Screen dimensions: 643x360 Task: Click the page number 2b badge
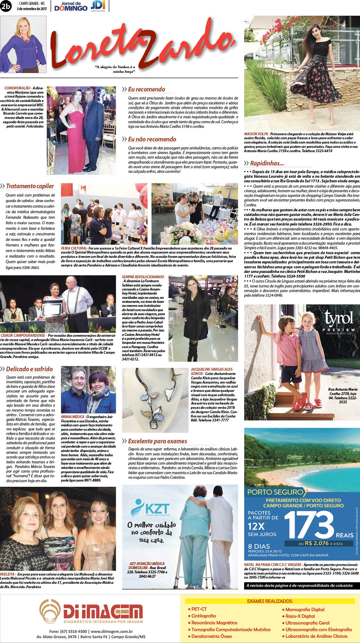pos(6,6)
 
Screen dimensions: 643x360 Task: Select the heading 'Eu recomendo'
pos(147,89)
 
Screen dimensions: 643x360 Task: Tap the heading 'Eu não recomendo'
pos(152,139)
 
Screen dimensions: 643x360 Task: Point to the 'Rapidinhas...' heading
pos(267,163)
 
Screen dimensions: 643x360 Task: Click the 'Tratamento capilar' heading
pos(30,186)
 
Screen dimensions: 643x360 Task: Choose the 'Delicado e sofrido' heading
pos(29,369)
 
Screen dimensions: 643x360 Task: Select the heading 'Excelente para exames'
pos(157,441)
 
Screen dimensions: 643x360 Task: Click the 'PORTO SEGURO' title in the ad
pos(275,492)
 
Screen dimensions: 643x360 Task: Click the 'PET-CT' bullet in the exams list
pos(199,609)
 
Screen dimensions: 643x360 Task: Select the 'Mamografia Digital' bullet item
pos(305,609)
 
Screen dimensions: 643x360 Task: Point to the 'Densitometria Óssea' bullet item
pos(211,636)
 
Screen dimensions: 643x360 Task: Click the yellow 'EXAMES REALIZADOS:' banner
pos(270,601)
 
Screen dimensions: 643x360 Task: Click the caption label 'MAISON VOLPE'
pos(256,134)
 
